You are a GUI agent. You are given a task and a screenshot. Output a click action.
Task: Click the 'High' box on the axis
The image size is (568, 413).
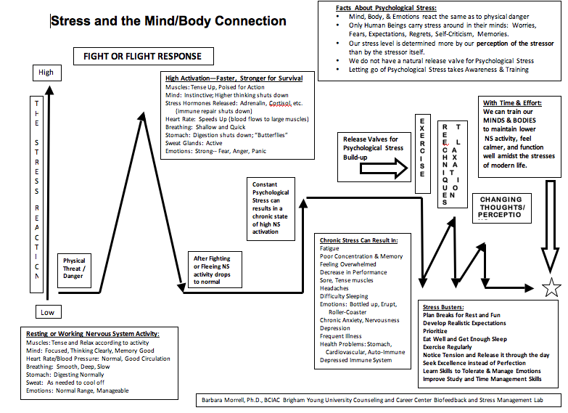46,73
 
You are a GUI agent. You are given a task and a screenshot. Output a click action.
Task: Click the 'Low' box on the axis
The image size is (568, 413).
46,313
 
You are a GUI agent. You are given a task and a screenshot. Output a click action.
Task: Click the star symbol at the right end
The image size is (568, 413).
551,287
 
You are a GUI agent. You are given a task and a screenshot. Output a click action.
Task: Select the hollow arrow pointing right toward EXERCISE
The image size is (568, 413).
385,168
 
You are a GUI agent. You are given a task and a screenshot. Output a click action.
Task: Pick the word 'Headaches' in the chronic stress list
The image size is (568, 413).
334,288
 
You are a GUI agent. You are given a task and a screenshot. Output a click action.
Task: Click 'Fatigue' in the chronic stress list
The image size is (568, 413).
329,248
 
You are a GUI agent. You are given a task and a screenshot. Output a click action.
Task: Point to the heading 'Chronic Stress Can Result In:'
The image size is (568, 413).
358,240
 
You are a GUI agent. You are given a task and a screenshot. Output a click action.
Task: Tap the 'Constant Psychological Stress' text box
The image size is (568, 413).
271,207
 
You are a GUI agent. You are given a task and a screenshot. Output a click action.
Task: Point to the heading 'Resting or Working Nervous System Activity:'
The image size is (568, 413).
91,334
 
